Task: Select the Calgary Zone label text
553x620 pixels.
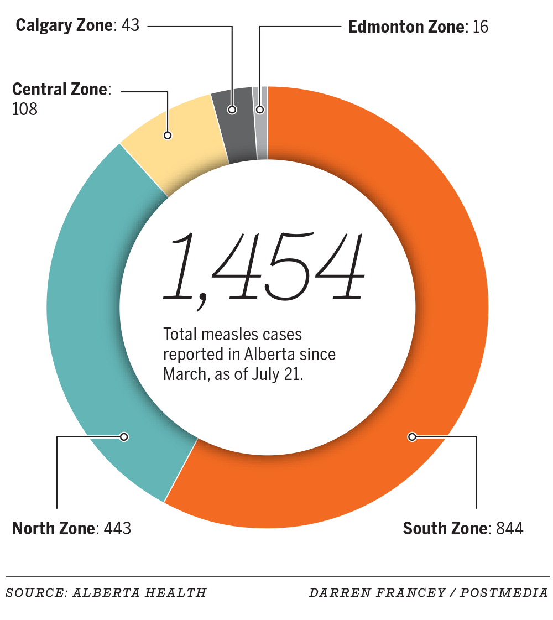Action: pos(63,26)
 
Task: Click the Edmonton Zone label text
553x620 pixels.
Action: pos(406,27)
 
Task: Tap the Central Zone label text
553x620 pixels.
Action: pos(60,89)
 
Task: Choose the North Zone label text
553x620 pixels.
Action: pos(54,528)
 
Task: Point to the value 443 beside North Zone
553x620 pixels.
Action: pos(117,528)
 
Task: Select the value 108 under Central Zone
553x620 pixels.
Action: pos(25,109)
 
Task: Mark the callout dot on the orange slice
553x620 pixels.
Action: pos(411,437)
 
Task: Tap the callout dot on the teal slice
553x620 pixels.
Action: pos(124,437)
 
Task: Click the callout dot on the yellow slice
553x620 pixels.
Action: pos(168,135)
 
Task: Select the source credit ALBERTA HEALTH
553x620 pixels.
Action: pos(139,593)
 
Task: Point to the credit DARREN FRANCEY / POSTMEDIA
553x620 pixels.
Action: pos(429,593)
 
